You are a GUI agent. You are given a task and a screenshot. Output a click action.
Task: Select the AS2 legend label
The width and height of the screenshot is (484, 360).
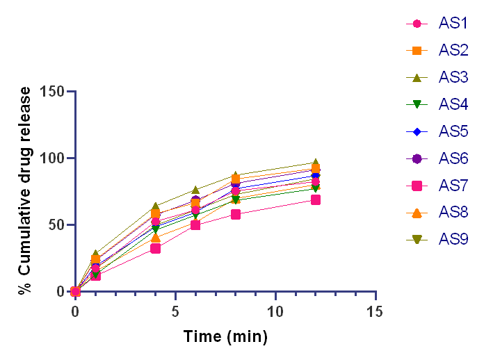point(453,50)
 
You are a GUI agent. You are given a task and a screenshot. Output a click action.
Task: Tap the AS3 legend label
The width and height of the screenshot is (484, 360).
point(453,77)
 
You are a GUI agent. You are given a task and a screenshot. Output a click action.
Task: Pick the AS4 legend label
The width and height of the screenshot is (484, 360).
point(453,104)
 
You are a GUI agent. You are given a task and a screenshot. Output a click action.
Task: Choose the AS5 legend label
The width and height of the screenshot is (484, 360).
point(453,131)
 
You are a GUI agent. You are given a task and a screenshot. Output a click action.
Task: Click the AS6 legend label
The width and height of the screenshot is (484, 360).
point(453,158)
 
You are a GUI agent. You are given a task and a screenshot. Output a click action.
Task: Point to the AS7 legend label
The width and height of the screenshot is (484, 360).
point(453,186)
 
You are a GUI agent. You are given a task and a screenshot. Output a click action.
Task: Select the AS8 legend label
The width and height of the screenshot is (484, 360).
point(453,213)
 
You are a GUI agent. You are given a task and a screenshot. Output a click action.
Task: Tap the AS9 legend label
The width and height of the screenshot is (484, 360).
point(453,240)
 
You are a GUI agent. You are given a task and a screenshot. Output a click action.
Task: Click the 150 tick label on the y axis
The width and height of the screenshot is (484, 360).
point(53,92)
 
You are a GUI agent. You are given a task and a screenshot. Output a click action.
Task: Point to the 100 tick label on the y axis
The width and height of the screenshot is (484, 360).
point(53,158)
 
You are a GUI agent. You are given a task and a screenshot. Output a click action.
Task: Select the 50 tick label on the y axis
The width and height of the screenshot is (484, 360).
point(57,225)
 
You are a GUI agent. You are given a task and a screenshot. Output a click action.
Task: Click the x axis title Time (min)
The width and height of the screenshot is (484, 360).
point(225,337)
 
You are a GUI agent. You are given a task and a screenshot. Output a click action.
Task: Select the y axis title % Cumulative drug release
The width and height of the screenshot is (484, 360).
point(26,191)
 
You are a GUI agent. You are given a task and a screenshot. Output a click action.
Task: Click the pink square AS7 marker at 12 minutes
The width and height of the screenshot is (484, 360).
point(316,199)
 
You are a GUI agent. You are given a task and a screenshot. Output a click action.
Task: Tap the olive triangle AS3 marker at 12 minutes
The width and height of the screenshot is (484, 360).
point(316,163)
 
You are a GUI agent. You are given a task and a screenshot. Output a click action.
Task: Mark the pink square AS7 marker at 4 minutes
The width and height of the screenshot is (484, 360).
point(156,248)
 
